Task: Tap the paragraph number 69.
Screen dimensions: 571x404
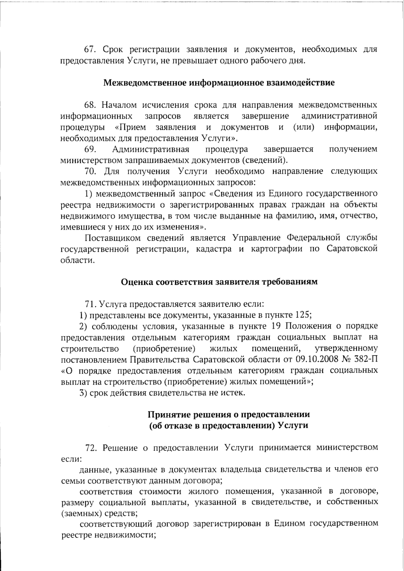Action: [90, 149]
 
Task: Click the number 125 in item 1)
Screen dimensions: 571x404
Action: [302, 315]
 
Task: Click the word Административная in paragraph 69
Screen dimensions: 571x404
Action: [150, 149]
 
